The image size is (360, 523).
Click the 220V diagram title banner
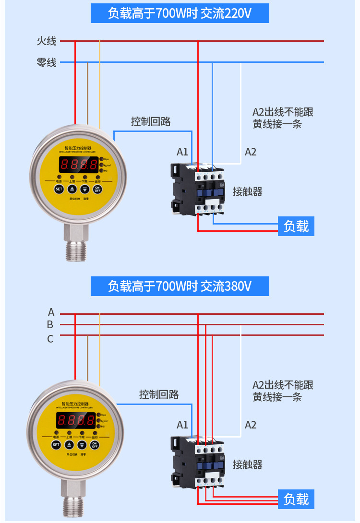click(180, 13)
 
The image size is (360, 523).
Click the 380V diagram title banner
click(180, 286)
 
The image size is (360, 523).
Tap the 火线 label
click(47, 41)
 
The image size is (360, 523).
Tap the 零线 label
click(47, 62)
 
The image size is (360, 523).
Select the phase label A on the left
click(51, 312)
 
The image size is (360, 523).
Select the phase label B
click(50, 325)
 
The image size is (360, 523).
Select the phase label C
click(50, 339)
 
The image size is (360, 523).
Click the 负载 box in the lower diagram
click(296, 499)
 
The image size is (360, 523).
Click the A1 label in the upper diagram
click(182, 152)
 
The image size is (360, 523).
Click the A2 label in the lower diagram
click(251, 425)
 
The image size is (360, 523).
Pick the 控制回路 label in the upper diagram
click(151, 121)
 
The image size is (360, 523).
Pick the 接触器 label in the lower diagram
click(248, 464)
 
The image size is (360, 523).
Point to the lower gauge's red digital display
click(75, 421)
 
